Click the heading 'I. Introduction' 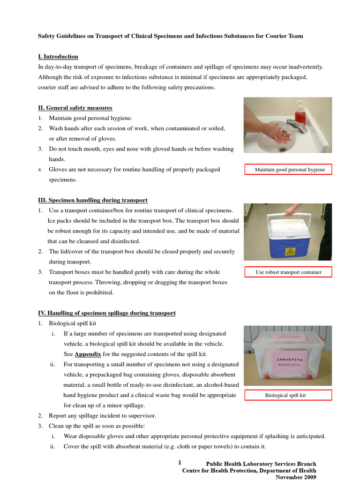[x=58, y=57]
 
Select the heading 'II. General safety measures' [x=75, y=108]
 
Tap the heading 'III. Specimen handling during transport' [x=93, y=200]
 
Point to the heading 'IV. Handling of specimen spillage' [x=107, y=313]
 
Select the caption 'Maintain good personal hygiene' [x=288, y=170]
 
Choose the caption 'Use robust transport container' [x=288, y=272]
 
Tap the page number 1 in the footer [x=180, y=463]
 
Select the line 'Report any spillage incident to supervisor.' [x=103, y=416]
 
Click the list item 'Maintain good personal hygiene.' [x=91, y=118]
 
